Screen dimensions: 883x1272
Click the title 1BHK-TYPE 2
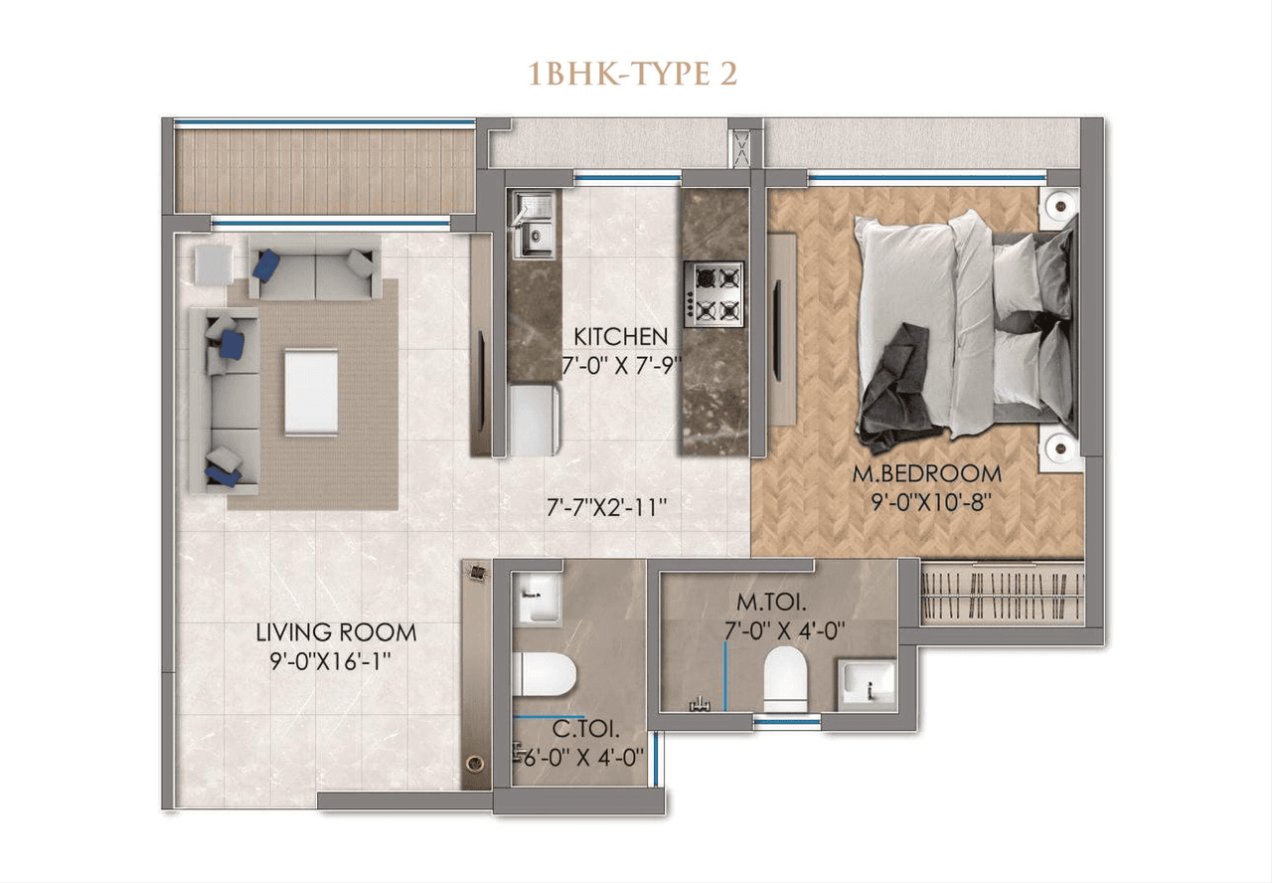coord(633,75)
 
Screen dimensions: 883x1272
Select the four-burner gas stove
coord(714,293)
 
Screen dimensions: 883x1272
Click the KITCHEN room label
coord(619,336)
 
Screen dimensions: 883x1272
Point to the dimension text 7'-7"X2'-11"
coord(606,506)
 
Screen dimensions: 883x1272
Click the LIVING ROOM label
coord(336,632)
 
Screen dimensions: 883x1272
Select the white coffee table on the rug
coord(311,391)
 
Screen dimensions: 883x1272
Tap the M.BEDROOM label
coord(926,474)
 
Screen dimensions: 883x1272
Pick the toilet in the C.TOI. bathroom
coord(544,674)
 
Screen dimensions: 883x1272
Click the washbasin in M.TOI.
coord(866,684)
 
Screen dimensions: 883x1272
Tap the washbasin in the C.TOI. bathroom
coord(539,600)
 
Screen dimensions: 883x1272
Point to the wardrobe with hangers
coord(1001,594)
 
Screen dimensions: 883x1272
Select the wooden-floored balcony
coord(322,169)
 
